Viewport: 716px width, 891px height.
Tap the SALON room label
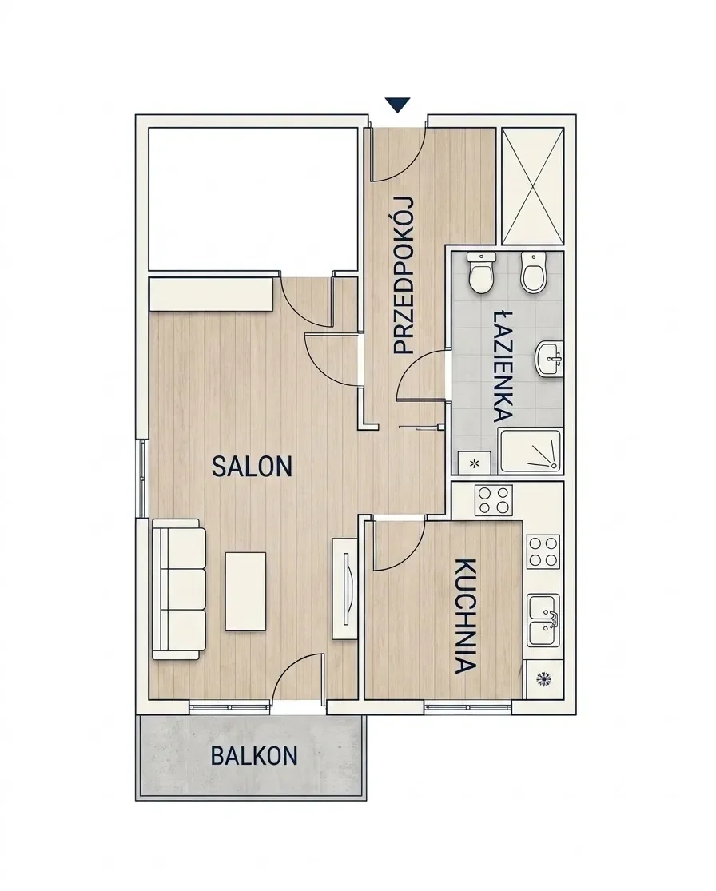point(252,467)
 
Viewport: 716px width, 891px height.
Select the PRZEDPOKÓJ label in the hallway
point(404,276)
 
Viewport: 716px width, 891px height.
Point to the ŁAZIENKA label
point(503,365)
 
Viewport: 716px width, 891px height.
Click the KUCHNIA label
point(465,617)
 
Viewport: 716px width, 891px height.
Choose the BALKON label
point(254,756)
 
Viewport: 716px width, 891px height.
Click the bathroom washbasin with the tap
point(548,359)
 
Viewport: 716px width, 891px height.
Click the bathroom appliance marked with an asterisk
point(475,463)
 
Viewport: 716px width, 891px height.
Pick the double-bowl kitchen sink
point(543,621)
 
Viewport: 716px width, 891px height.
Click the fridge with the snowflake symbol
point(544,678)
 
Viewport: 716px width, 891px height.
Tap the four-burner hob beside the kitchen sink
point(544,551)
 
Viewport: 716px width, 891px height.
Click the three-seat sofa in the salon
point(178,589)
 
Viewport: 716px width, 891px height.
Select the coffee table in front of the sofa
point(246,591)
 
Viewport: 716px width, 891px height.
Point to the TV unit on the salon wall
point(344,588)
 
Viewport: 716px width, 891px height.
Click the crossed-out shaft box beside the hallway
point(534,186)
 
